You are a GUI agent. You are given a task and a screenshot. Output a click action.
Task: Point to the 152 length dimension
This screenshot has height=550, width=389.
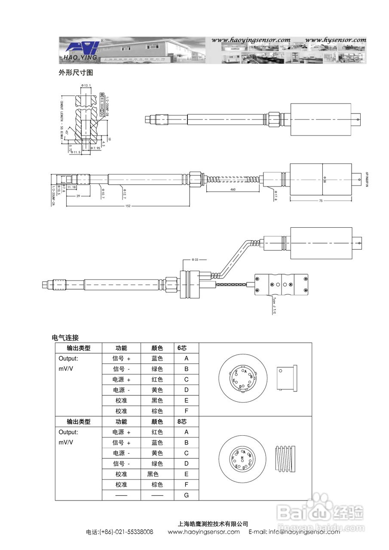(128, 206)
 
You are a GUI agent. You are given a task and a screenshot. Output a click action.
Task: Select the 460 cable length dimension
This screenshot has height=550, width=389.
(233, 189)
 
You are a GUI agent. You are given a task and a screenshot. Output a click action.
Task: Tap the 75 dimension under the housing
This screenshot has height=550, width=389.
(321, 200)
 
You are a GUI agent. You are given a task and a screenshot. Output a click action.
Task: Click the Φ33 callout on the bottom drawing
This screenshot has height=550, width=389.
(194, 260)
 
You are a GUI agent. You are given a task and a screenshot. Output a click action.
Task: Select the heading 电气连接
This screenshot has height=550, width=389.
(65, 338)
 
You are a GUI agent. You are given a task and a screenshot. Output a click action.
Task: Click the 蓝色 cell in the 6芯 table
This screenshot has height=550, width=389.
(157, 358)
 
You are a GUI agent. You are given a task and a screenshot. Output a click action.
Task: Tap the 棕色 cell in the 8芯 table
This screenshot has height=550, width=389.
(157, 485)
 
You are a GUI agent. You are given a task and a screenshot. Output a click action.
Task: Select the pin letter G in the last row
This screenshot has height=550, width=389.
(186, 495)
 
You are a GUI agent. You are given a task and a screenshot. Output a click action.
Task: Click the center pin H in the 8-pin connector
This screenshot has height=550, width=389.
(242, 458)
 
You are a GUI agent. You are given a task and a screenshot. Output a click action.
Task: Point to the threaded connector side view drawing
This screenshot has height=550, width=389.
(285, 459)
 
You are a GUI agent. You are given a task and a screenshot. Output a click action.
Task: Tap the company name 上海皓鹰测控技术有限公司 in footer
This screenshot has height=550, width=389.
(213, 524)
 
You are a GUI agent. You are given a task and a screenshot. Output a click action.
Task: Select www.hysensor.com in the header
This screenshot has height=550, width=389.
(335, 40)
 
